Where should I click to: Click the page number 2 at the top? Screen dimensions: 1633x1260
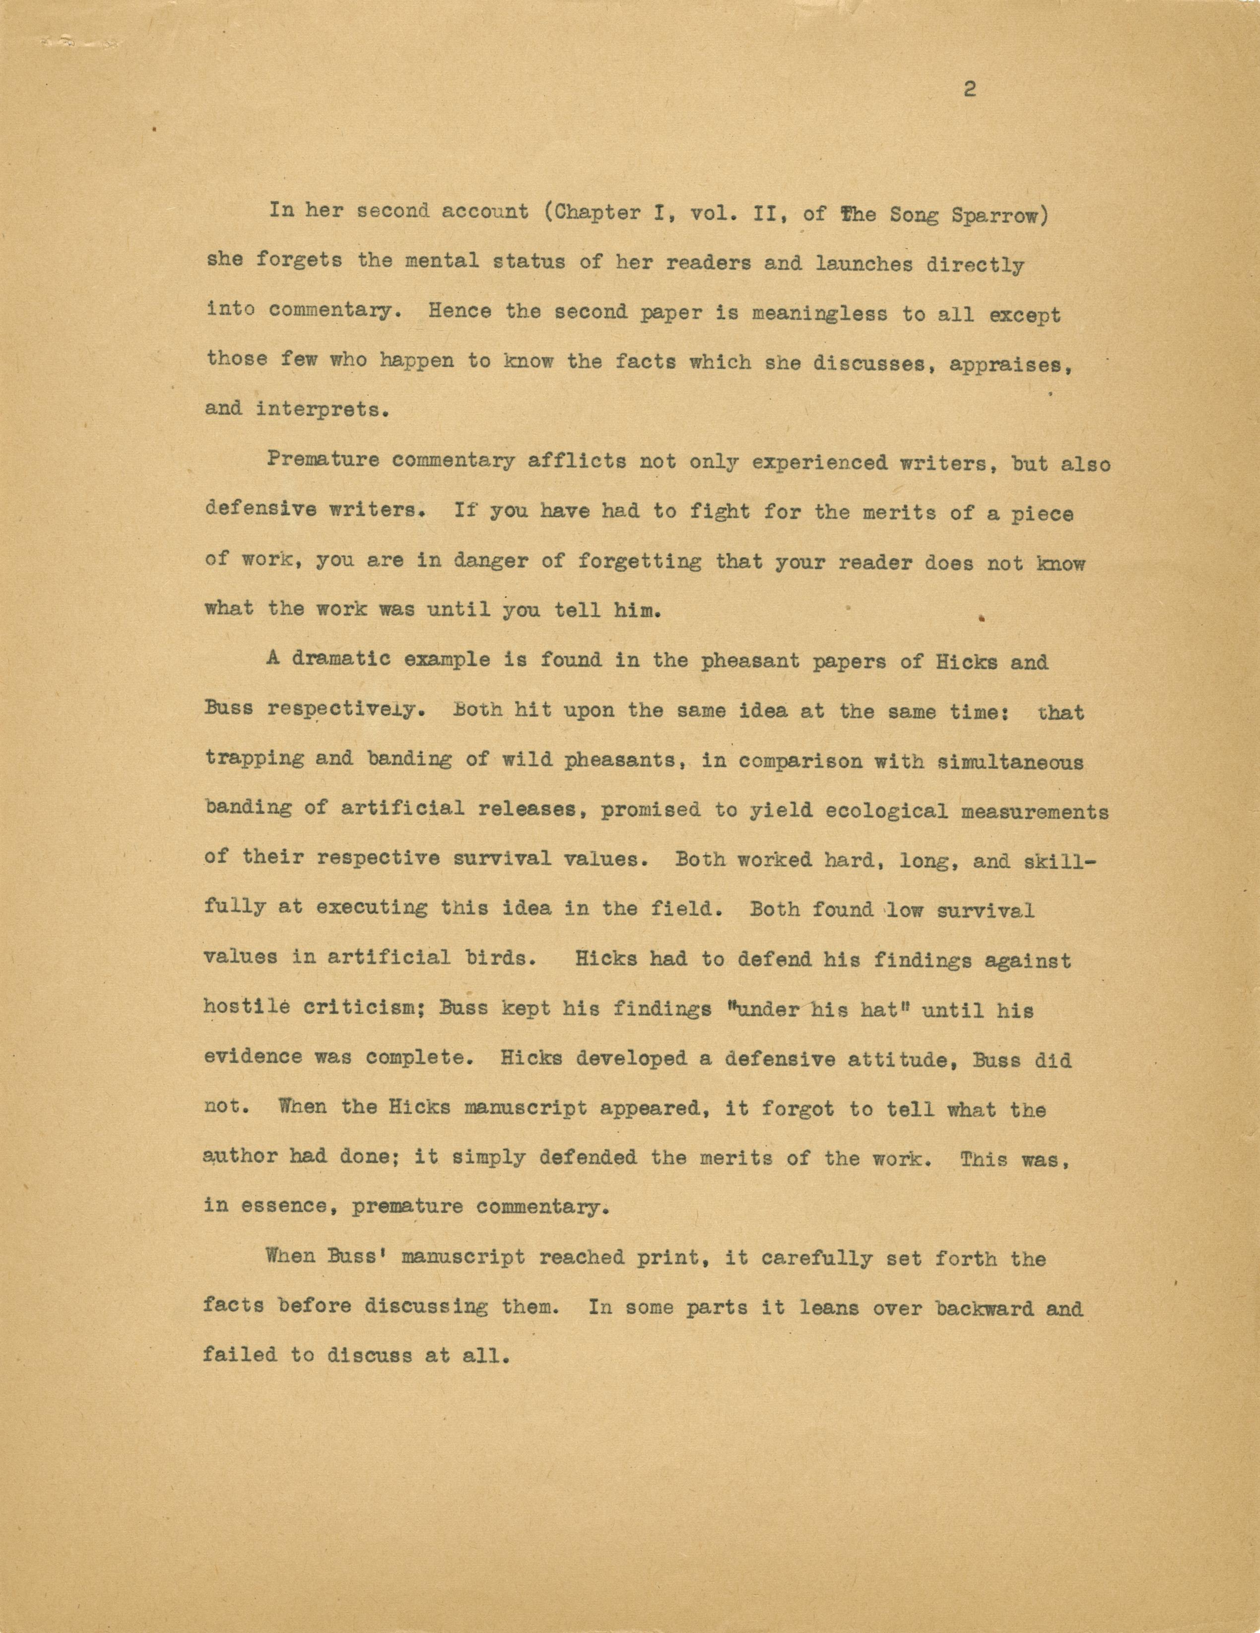coord(970,90)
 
